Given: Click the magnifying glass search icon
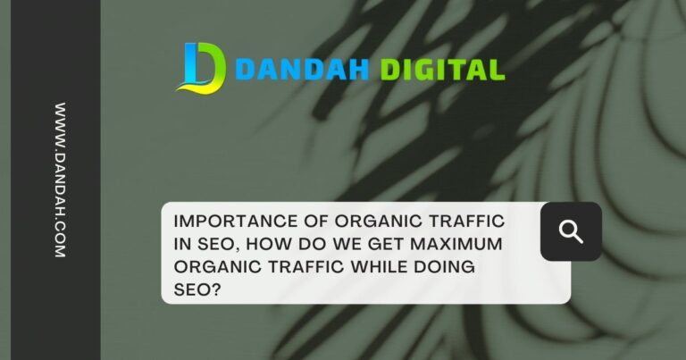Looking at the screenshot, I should tap(571, 231).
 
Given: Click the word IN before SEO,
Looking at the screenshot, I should tap(180, 243).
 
